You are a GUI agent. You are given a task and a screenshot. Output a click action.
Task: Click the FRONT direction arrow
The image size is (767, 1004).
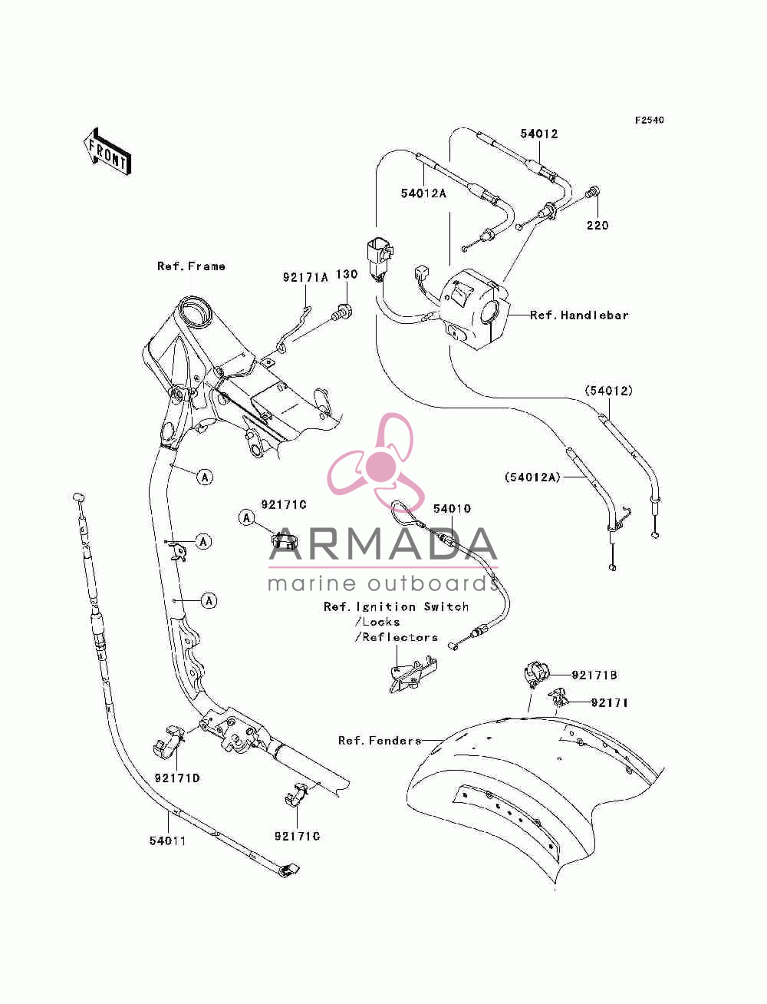coord(108,151)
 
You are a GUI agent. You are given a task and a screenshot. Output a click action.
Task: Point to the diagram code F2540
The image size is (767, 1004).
coord(649,121)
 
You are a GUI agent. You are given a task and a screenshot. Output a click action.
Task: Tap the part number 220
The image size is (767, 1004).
coord(597,225)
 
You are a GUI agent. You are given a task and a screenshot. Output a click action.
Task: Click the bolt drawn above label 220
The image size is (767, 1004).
coord(593,192)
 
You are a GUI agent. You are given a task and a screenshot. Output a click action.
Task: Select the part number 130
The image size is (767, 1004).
coord(347,275)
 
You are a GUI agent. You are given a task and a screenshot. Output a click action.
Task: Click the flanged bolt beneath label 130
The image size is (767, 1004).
coord(341,313)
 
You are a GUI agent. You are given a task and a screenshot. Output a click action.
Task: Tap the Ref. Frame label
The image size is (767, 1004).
coord(191,266)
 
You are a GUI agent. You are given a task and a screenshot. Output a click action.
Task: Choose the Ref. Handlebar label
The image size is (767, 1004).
coord(579,315)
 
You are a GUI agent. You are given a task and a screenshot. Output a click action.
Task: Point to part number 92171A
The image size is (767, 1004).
coord(305,277)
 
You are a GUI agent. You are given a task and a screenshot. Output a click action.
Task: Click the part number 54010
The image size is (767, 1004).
coord(452,509)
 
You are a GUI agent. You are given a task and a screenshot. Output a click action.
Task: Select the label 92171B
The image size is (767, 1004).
coord(594,675)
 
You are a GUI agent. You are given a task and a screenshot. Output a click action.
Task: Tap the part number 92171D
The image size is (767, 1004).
coord(177,778)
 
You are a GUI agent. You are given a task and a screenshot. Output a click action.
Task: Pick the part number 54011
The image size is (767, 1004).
coord(167,841)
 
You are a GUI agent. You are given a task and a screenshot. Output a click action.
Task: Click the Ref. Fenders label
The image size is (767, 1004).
coord(380,740)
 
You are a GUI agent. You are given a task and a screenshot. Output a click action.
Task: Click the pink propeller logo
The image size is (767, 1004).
coord(376,462)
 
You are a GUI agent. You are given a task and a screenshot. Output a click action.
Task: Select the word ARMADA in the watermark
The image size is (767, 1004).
coord(383,544)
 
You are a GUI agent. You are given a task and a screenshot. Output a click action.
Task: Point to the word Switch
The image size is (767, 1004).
coord(446,607)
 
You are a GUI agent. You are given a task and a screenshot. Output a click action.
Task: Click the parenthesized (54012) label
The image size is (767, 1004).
coord(608,391)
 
